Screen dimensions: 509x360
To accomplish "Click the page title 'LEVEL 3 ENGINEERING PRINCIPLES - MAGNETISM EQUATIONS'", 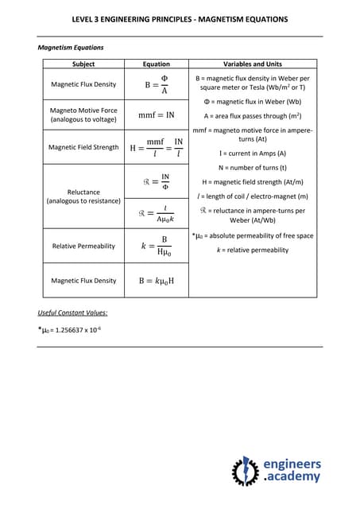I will click(180, 19).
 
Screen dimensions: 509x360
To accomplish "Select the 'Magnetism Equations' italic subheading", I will click(71, 48).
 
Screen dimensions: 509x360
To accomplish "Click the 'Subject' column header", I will click(83, 64).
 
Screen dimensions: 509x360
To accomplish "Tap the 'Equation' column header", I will click(156, 64).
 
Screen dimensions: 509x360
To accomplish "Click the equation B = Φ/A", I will click(156, 84).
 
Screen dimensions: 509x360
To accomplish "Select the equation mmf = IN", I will click(156, 115).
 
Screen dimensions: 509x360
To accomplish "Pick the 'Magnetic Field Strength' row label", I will click(83, 147).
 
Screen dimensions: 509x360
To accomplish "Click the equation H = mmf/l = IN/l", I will click(156, 147).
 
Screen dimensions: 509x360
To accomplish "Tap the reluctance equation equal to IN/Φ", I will click(156, 181).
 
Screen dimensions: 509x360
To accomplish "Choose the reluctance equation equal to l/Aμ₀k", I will click(156, 213).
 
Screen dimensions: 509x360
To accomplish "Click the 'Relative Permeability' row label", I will click(83, 246).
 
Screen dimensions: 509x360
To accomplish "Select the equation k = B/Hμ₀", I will click(156, 246).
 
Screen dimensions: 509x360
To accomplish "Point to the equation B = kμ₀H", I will click(156, 281).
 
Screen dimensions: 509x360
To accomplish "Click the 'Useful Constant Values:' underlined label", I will click(73, 313).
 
